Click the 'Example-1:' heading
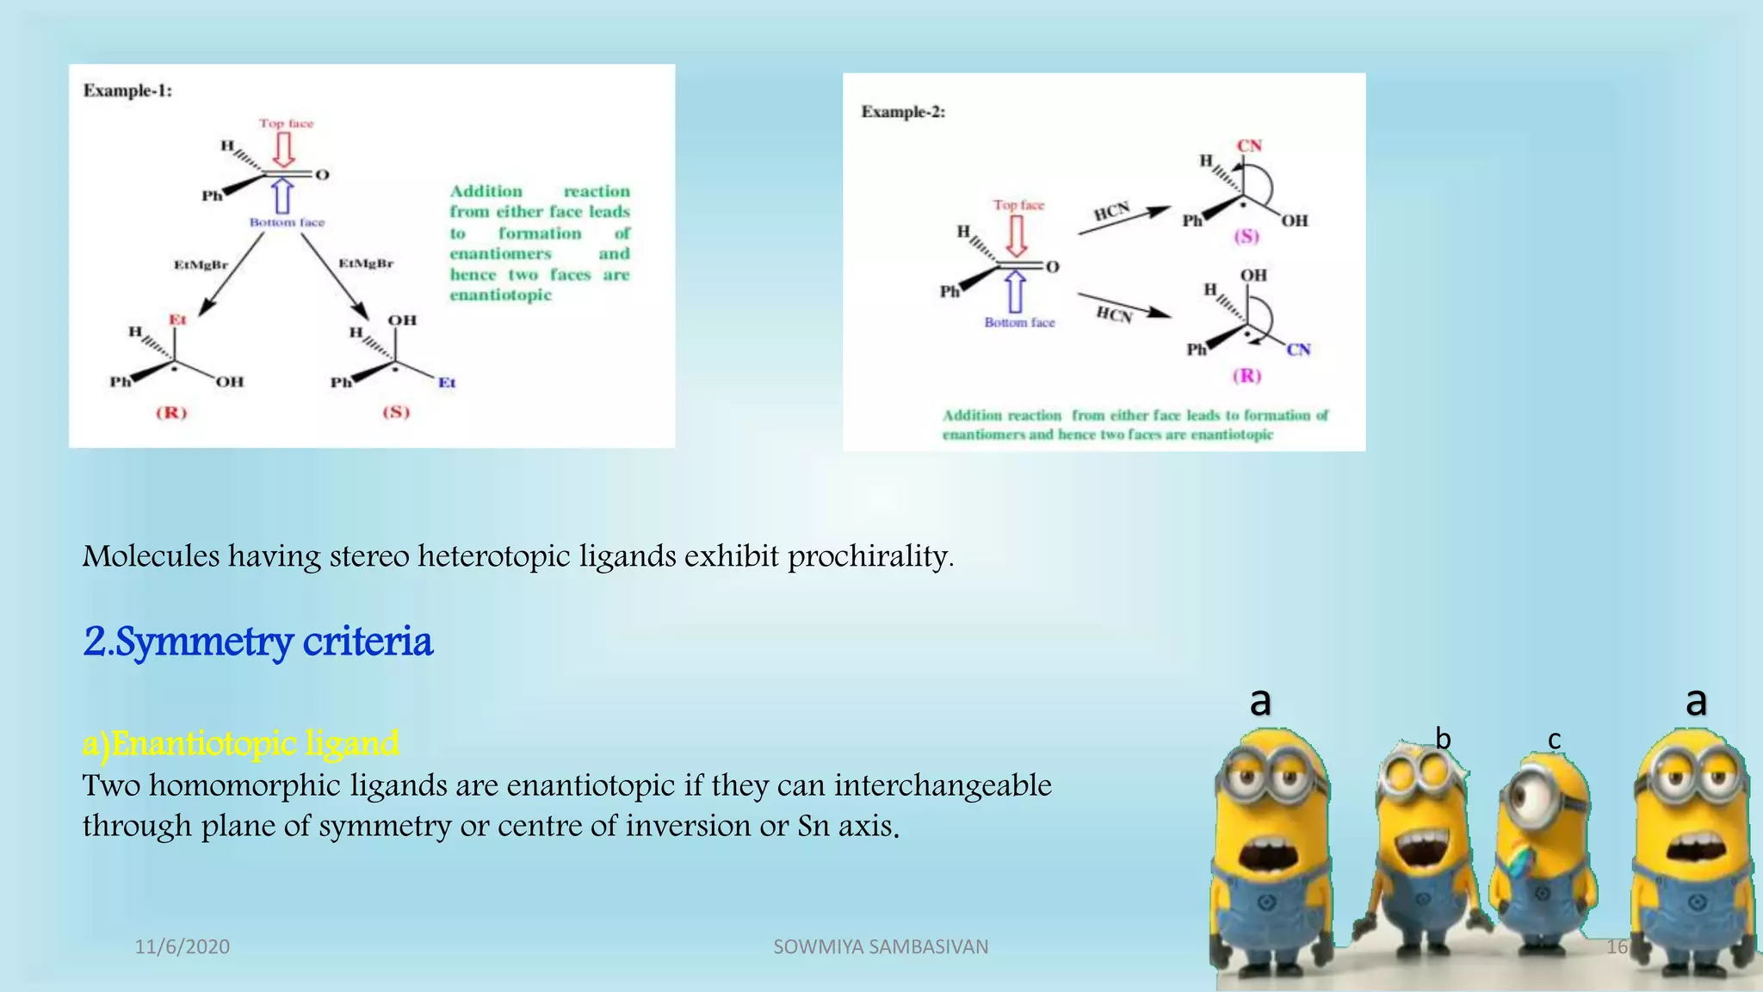pos(127,90)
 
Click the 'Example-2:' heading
pos(903,112)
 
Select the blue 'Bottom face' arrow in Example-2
pos(1016,292)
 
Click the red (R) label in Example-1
pos(171,412)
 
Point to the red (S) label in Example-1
pos(396,412)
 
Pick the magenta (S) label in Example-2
pos(1246,236)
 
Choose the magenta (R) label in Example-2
pos(1246,375)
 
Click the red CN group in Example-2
pos(1249,146)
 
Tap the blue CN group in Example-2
pos(1298,350)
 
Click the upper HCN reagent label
pos(1111,212)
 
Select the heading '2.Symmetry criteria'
pos(257,642)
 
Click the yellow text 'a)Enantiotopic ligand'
pos(240,743)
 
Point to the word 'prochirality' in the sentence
pos(869,556)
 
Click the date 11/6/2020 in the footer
pos(182,947)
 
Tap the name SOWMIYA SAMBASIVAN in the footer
pos(881,947)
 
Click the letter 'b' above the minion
pos(1443,739)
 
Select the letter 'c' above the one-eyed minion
pos(1554,740)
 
